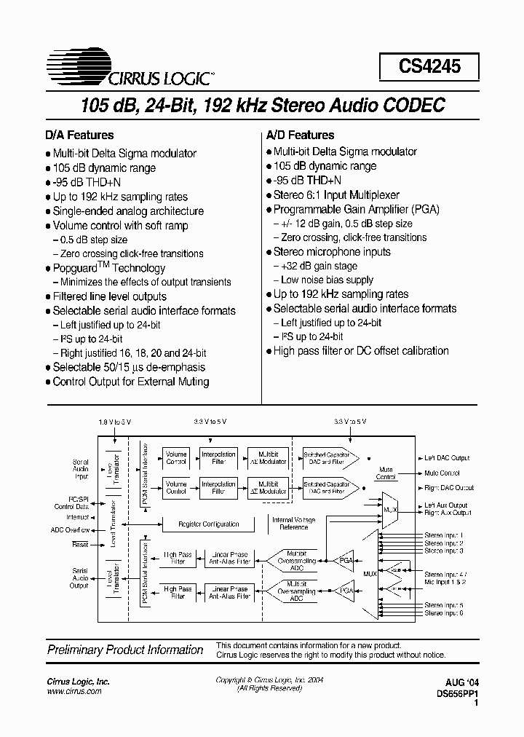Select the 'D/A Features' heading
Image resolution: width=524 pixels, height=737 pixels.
click(80, 135)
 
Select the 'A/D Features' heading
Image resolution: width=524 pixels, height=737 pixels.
click(300, 135)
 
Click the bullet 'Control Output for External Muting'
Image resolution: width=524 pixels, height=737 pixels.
click(130, 382)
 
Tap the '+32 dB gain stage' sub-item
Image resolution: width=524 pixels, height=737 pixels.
click(317, 266)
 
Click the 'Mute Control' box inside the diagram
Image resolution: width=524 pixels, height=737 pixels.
click(386, 473)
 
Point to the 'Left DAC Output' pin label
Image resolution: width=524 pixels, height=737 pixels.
click(448, 458)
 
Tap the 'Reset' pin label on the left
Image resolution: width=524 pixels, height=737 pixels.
click(80, 544)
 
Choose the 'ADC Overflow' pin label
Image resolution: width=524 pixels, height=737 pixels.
click(71, 529)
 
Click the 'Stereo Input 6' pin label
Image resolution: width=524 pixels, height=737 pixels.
click(444, 613)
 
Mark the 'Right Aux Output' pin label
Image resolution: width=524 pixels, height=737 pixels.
click(448, 513)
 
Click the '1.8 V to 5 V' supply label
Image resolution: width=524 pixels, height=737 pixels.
click(116, 422)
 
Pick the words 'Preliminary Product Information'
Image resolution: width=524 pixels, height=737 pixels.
click(125, 650)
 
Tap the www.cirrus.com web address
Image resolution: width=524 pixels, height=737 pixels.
click(74, 691)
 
